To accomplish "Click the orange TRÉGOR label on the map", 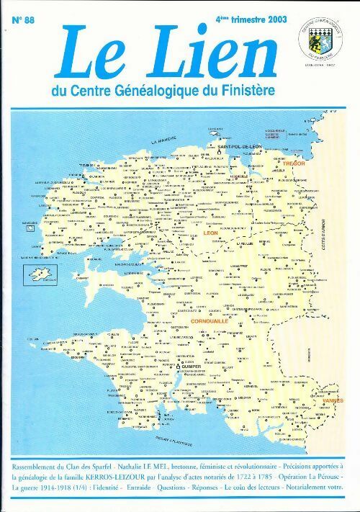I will (294, 163).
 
